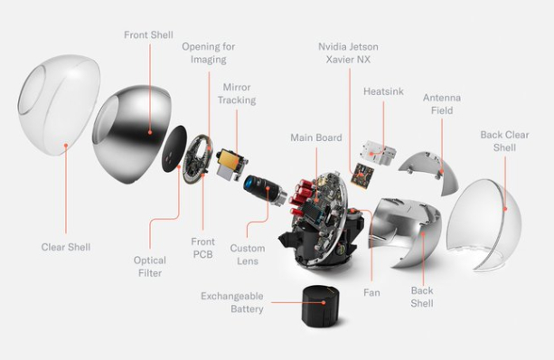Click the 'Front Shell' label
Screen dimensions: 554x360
click(x=148, y=35)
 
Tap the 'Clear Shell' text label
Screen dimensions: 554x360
click(x=66, y=247)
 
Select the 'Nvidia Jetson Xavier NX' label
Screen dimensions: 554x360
click(x=348, y=53)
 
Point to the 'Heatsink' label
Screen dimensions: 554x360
click(x=383, y=91)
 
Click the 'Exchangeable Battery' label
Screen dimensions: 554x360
click(x=232, y=302)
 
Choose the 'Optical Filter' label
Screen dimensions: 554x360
click(x=150, y=267)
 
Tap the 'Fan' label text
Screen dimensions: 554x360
click(x=371, y=292)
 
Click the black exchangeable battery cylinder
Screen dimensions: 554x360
click(x=321, y=306)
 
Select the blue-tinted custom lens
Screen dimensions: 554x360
click(x=264, y=189)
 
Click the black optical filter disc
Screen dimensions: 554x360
click(x=174, y=148)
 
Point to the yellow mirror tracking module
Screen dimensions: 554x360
click(x=230, y=164)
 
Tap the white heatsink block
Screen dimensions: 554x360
click(x=378, y=153)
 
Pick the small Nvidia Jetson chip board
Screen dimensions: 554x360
click(x=362, y=174)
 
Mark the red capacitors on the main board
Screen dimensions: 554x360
click(x=301, y=195)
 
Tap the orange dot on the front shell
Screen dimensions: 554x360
click(x=150, y=132)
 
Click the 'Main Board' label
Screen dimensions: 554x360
click(x=316, y=137)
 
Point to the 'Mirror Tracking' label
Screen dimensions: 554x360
click(x=237, y=94)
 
